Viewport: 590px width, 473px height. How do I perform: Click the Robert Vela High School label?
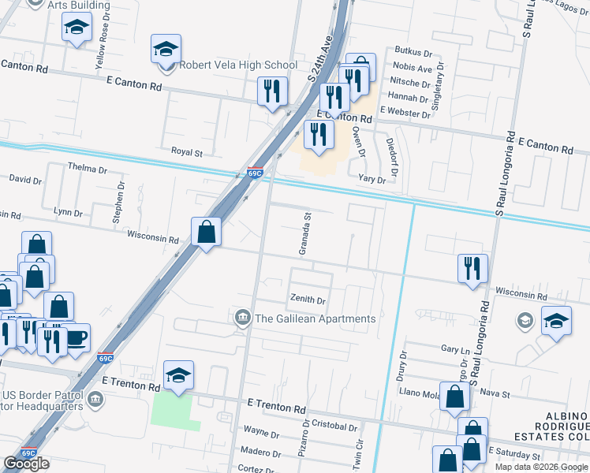coord(238,65)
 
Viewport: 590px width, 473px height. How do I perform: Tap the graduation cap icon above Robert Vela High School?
coord(166,49)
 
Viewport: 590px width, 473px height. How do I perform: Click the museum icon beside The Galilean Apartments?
coord(243,318)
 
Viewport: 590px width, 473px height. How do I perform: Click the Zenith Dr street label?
coord(308,300)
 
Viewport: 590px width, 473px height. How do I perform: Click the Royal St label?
coord(188,151)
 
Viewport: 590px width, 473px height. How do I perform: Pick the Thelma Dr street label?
coord(87,169)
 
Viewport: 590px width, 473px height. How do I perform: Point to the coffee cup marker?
coord(76,337)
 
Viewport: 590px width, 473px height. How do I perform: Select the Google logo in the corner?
coord(27,464)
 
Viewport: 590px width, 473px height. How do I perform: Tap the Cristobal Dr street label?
coord(334,425)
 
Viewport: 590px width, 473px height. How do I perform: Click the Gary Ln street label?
coord(455,348)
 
